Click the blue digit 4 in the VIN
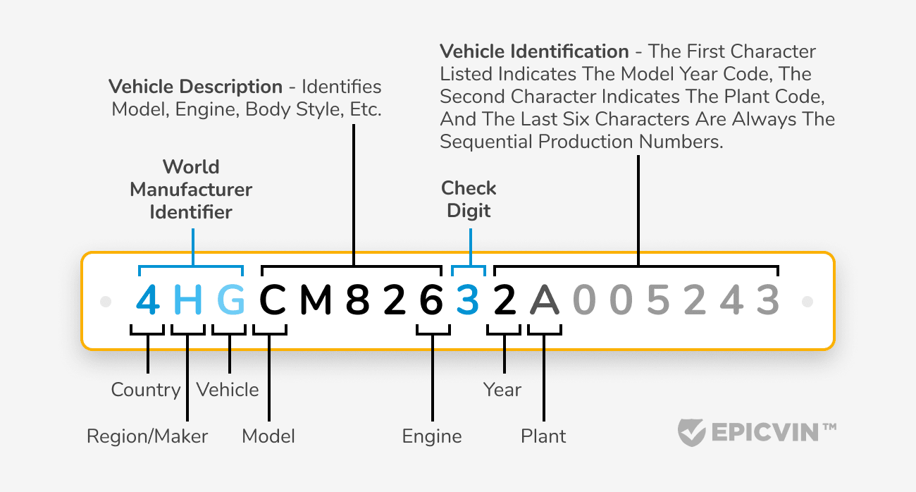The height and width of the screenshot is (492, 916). (149, 301)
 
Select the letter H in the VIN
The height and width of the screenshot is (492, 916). (188, 301)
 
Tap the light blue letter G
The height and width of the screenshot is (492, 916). (231, 301)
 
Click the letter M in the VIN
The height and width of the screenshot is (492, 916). (316, 301)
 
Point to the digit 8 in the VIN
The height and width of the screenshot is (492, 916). (358, 301)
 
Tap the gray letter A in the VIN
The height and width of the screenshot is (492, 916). (544, 301)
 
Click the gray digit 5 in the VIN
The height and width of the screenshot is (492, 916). (657, 301)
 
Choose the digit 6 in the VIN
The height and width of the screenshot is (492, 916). (431, 301)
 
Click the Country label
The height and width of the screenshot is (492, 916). (146, 390)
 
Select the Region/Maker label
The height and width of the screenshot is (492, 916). (147, 436)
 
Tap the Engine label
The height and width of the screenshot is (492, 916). (432, 436)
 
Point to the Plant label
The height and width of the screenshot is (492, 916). (543, 436)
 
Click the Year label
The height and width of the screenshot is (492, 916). (502, 390)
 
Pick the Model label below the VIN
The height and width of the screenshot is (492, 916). (268, 436)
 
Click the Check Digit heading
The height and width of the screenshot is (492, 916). (469, 199)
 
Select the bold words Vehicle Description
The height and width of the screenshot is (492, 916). (195, 87)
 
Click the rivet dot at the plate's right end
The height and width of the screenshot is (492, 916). (807, 302)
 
